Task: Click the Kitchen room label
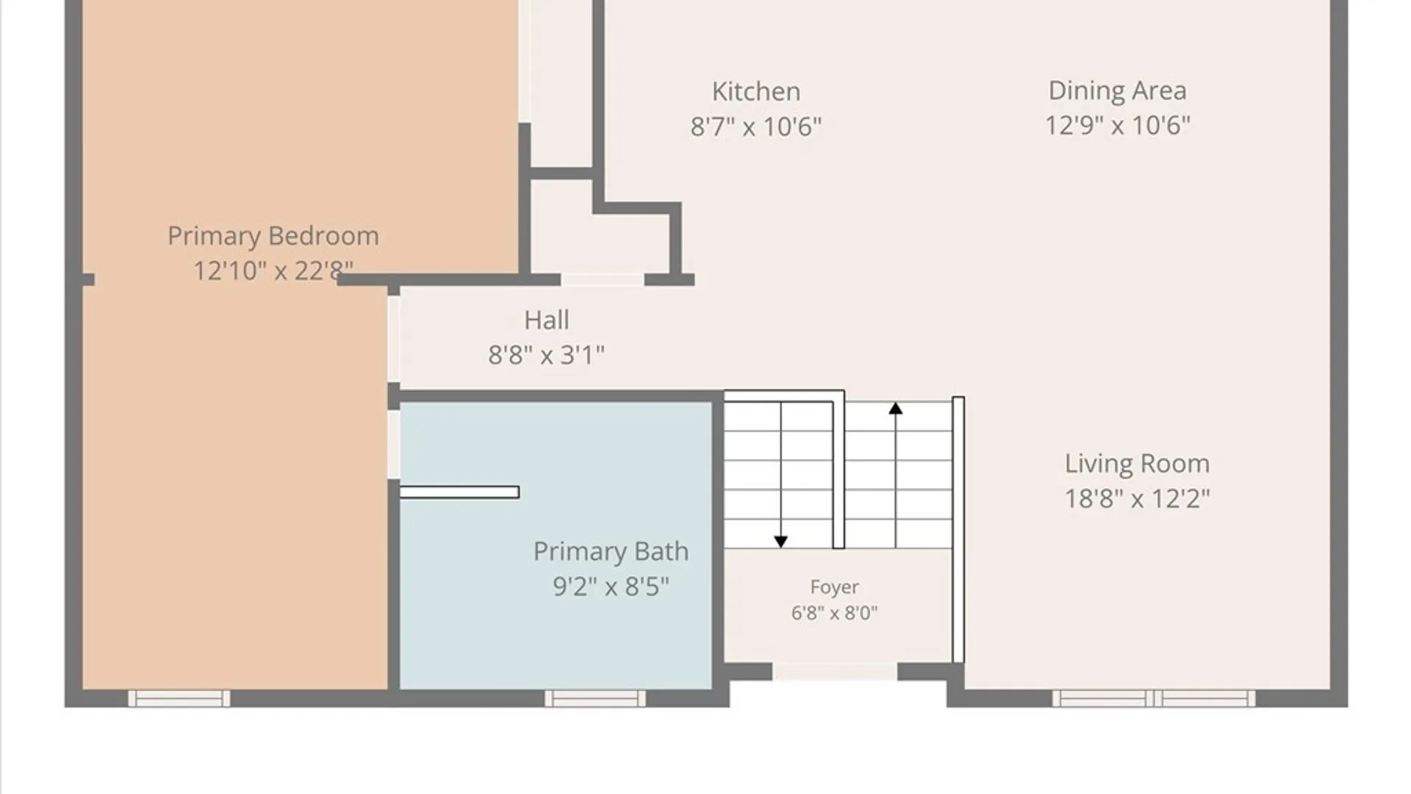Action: [x=756, y=92]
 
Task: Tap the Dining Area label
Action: [x=1117, y=91]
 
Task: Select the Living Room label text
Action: [x=1137, y=464]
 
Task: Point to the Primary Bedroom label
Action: [x=273, y=237]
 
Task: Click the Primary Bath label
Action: [x=611, y=551]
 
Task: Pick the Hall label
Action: [x=546, y=320]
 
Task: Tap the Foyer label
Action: [x=834, y=587]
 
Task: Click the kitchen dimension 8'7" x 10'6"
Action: [x=756, y=126]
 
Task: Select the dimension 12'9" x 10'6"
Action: [x=1117, y=125]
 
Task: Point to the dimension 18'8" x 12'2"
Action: [x=1137, y=498]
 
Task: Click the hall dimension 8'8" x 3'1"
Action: [x=546, y=355]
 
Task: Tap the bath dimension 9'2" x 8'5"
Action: [x=611, y=587]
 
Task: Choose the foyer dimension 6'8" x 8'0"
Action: [x=834, y=612]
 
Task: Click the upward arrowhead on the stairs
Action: [x=895, y=408]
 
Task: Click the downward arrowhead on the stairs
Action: [x=780, y=542]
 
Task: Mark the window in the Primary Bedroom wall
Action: [x=179, y=698]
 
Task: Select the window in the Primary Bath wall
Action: [x=595, y=698]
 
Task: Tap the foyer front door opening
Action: [x=835, y=671]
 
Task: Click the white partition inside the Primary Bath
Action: [x=459, y=492]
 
